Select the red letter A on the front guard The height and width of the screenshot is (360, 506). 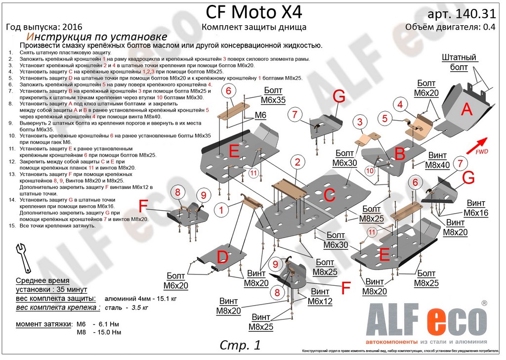point(466,109)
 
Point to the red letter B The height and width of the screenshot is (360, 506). point(399,154)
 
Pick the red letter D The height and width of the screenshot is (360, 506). point(223,256)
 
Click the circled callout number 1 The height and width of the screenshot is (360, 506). point(221,210)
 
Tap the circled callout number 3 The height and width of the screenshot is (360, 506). point(360,122)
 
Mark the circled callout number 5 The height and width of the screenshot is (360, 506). point(384,118)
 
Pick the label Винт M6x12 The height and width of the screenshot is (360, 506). point(320,297)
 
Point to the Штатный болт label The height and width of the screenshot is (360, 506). point(458,62)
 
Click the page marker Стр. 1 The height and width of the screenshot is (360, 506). point(239,344)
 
